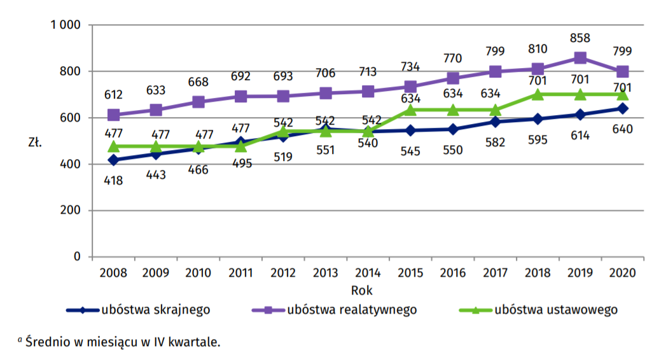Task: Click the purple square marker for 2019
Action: pos(580,58)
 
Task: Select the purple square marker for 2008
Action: pos(113,115)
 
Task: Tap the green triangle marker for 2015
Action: pos(410,109)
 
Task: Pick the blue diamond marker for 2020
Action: pos(623,108)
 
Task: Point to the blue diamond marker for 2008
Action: pos(113,160)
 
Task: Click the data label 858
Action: pos(580,38)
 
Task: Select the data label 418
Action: pos(113,180)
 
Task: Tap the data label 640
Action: pos(623,129)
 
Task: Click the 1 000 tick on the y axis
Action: pos(66,25)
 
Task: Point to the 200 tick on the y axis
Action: pos(72,211)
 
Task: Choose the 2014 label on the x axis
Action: pos(368,273)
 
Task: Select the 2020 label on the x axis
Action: pos(623,273)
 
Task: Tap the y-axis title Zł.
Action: pos(35,142)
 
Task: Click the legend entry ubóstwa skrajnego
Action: pos(155,310)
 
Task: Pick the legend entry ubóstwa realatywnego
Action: pos(352,310)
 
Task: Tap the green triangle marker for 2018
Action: pos(538,94)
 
